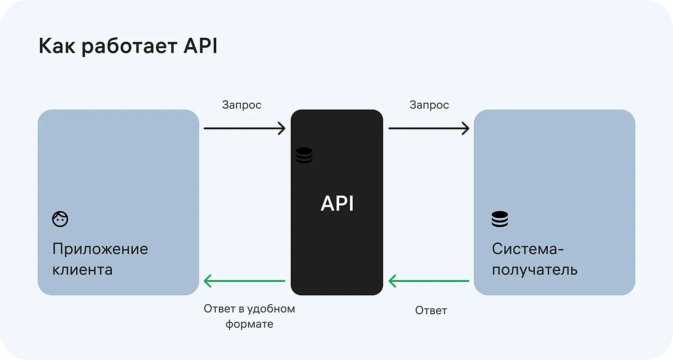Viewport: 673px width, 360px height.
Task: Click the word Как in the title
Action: point(56,46)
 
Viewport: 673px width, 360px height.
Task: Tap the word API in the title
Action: point(201,46)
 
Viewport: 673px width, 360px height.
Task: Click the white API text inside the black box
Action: point(337,204)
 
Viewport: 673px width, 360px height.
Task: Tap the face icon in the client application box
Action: point(60,219)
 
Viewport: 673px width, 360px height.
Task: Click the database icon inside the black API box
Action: point(304,155)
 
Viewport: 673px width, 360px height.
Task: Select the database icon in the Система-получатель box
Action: point(499,219)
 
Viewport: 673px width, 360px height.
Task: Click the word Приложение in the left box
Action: point(100,250)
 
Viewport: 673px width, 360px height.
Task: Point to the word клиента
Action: point(83,270)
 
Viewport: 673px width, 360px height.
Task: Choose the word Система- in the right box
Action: point(528,249)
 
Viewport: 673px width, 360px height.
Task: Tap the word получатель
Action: point(535,270)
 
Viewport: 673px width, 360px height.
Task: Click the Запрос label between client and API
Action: point(241,105)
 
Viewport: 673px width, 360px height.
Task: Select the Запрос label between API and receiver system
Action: point(429,105)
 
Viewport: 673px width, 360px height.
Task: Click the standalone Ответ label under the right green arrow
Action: point(431,310)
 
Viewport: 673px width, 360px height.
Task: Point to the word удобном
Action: point(273,309)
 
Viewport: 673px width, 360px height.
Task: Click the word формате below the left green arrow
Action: point(249,324)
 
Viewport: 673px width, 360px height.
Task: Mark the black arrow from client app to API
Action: point(245,128)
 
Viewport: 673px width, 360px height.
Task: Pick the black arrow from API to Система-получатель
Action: point(429,128)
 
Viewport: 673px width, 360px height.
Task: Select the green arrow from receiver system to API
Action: point(429,281)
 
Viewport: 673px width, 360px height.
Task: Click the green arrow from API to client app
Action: point(245,281)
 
